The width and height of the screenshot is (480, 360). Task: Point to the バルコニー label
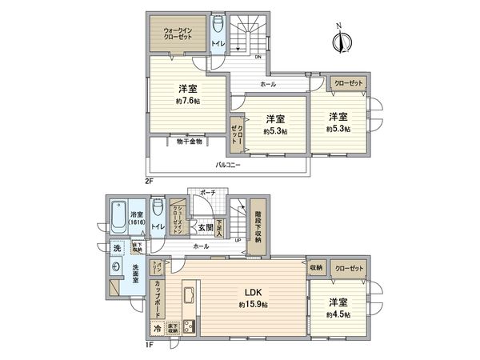point(230,166)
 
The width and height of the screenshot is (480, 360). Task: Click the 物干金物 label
point(189,142)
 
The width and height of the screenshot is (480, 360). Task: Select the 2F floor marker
point(149,182)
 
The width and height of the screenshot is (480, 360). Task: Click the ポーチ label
point(209,193)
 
